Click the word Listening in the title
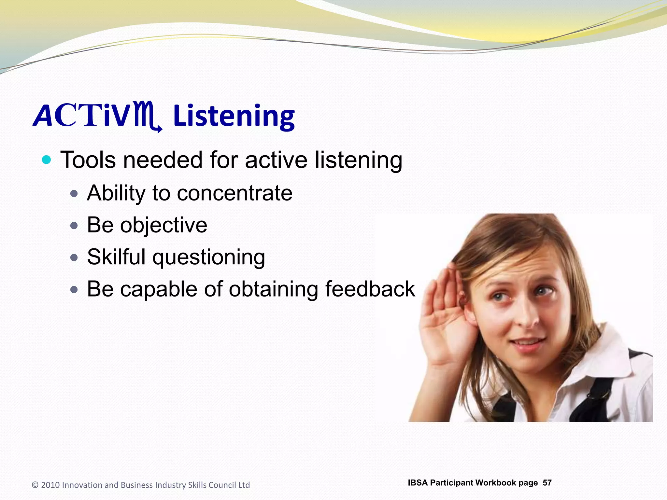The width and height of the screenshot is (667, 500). coord(234,117)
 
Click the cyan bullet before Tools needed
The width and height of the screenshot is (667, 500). coord(47,160)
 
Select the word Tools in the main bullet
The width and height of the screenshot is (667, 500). coord(88,160)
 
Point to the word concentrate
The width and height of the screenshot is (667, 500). coord(234,193)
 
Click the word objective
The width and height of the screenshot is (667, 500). coord(163,225)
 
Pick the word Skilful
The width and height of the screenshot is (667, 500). coord(116,257)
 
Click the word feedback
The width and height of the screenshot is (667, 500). coord(370,289)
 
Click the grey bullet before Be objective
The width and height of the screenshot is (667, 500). coord(74,226)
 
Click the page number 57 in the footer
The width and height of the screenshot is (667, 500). coord(547,483)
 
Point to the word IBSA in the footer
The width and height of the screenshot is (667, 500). coord(418,483)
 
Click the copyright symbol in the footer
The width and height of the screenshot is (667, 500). coord(35,485)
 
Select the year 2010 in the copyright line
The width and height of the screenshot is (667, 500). coord(50,485)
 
